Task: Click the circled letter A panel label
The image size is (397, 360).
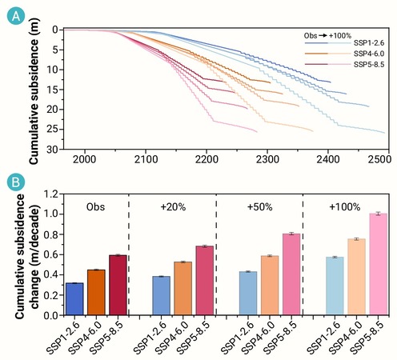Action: tap(16, 16)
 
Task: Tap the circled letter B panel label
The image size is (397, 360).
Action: tap(16, 182)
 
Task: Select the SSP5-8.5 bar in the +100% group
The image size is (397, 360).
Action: tap(378, 264)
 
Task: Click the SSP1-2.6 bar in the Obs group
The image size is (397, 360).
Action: tap(74, 299)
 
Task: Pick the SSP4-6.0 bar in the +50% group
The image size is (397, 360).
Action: tap(270, 286)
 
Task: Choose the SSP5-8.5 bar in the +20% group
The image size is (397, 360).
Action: tap(205, 281)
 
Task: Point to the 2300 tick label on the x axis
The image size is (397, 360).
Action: tap(267, 159)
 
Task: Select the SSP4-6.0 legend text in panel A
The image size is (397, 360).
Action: tap(369, 54)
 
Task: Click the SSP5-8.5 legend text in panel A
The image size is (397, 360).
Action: tap(369, 65)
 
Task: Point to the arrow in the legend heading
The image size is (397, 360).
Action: tap(323, 35)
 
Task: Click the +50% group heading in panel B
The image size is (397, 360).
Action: tap(259, 207)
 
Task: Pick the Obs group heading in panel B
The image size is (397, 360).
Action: tap(95, 207)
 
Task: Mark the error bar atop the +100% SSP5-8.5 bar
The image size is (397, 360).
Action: tap(378, 214)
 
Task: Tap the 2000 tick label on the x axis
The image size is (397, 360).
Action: tap(85, 159)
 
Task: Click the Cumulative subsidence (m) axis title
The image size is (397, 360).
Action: tap(34, 91)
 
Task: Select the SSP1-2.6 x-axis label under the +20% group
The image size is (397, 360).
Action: tap(150, 338)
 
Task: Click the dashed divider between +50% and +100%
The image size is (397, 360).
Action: tap(303, 254)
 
